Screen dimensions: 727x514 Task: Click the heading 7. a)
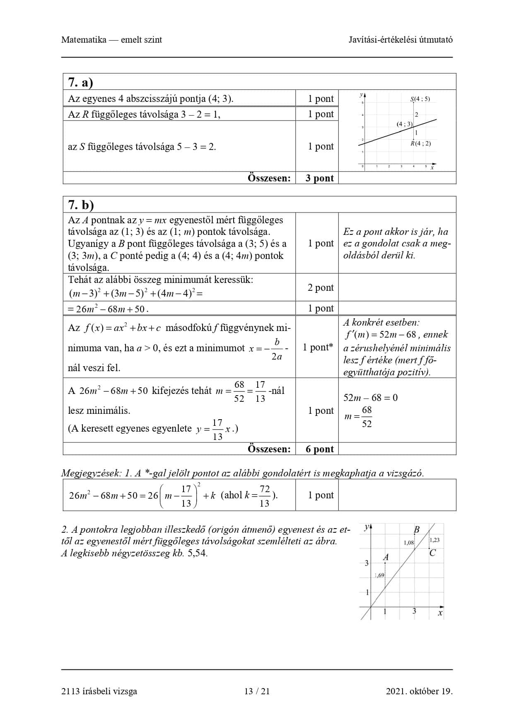click(x=80, y=82)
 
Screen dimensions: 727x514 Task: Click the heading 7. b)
click(x=81, y=205)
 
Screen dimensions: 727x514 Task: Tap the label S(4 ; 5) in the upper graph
click(x=420, y=99)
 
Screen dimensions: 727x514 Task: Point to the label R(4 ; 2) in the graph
click(x=420, y=143)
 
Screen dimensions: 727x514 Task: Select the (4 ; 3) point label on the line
click(x=404, y=124)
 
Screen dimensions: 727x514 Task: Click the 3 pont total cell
click(x=319, y=178)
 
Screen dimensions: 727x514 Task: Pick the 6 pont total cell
click(x=319, y=449)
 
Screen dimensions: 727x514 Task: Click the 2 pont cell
click(x=320, y=287)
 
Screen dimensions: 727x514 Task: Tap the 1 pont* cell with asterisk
click(x=318, y=347)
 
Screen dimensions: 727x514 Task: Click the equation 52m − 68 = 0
click(x=370, y=398)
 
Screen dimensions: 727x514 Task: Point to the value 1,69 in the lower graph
click(x=379, y=575)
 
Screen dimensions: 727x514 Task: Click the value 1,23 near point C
click(x=434, y=540)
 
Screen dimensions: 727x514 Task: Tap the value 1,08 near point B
click(x=409, y=542)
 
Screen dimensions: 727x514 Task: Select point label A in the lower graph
click(x=386, y=557)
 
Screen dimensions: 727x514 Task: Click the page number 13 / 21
click(x=257, y=691)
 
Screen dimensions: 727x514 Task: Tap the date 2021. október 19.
click(x=419, y=691)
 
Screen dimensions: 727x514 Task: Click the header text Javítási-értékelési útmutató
click(x=400, y=40)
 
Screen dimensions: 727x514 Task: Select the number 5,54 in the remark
click(x=197, y=553)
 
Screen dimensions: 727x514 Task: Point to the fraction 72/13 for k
click(x=264, y=496)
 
